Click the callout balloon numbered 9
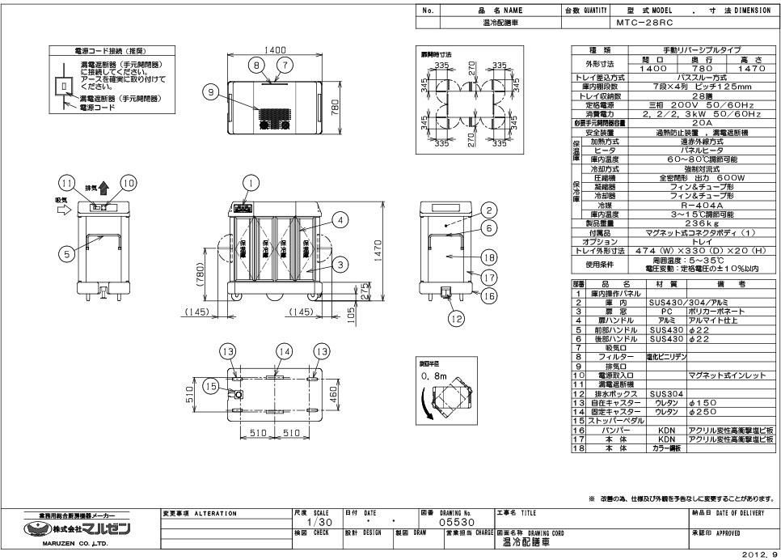point(212,93)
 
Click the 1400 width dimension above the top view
point(281,51)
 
